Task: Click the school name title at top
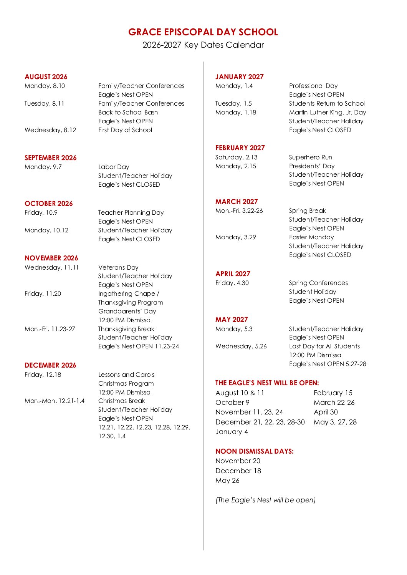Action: click(x=203, y=32)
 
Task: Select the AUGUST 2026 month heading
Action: click(x=46, y=77)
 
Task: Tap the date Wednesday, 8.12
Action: click(x=50, y=130)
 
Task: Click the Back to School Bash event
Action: click(x=128, y=112)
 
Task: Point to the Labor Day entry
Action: click(x=114, y=167)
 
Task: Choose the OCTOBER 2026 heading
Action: click(x=48, y=204)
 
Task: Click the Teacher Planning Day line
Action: click(x=131, y=212)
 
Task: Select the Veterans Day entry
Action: click(x=118, y=267)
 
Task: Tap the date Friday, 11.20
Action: click(x=43, y=293)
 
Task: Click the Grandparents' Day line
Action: click(x=127, y=311)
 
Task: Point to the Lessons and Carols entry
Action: click(x=126, y=374)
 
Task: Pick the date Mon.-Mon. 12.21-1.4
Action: click(x=55, y=401)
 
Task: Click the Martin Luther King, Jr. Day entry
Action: click(x=328, y=112)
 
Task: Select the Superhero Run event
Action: click(x=311, y=157)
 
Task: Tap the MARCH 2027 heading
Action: click(x=237, y=202)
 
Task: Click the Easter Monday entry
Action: click(x=311, y=237)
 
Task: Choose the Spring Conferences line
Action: click(x=318, y=283)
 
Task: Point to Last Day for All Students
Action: click(x=324, y=346)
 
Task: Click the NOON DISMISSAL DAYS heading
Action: click(x=254, y=451)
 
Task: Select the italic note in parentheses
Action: click(x=265, y=500)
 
